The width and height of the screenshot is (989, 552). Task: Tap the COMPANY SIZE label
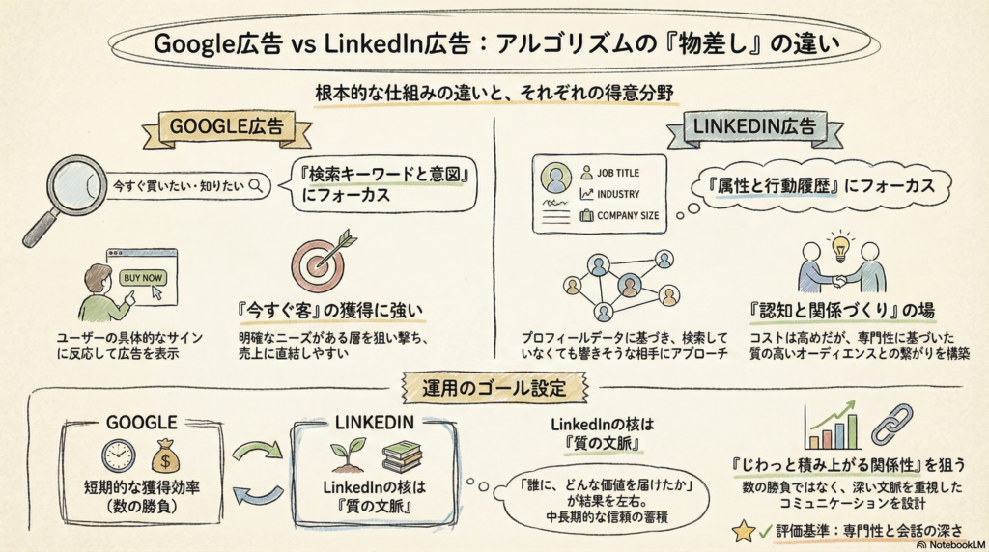pos(629,216)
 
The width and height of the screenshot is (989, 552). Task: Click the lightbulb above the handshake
pos(841,242)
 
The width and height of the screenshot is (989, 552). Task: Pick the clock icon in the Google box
pos(119,456)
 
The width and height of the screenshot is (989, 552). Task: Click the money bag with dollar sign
pos(165,455)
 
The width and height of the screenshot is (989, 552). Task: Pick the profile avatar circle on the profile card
pos(555,178)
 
